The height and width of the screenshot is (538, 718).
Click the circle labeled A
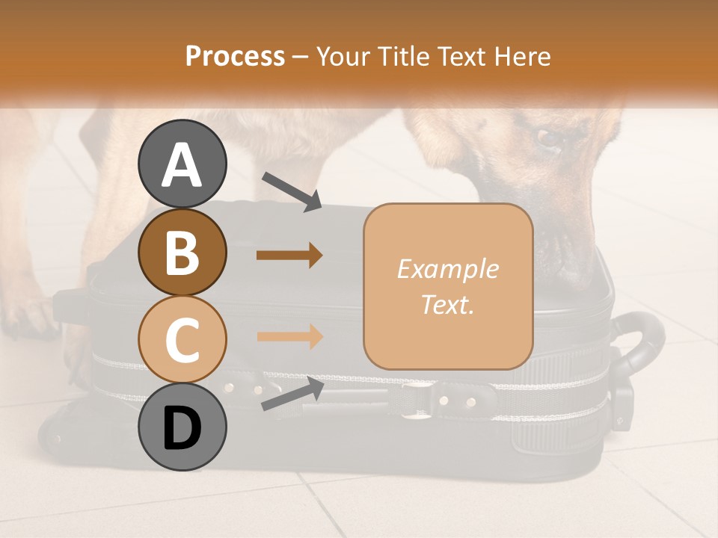[x=182, y=164]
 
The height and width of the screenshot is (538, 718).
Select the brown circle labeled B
[x=182, y=252]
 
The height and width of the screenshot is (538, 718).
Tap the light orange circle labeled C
[x=182, y=339]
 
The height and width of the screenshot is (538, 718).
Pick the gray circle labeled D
[x=182, y=427]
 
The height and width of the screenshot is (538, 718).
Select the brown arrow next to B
[x=289, y=256]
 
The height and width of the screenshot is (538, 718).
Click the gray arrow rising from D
[x=292, y=394]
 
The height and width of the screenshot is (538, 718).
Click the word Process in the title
[x=235, y=56]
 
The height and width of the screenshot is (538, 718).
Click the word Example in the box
[x=448, y=269]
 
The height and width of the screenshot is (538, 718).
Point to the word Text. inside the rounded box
[x=448, y=305]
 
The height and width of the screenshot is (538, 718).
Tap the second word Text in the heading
[x=461, y=56]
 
